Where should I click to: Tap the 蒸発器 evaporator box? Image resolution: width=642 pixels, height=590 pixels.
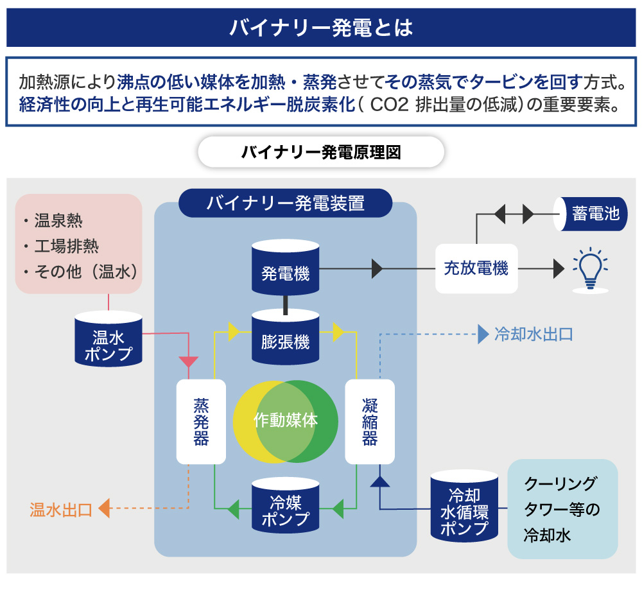(x=202, y=422)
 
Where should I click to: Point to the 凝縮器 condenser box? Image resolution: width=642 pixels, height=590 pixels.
(x=370, y=422)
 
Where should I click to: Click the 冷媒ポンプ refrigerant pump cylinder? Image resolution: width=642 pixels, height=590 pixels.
(x=286, y=505)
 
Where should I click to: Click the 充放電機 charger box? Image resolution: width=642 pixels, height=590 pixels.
(x=476, y=268)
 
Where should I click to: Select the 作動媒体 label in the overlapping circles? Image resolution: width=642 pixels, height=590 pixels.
(x=286, y=421)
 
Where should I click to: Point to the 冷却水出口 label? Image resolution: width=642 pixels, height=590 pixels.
(x=534, y=334)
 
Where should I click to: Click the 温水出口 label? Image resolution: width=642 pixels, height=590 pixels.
(x=61, y=510)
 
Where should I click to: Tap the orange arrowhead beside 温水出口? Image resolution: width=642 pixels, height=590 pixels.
(x=104, y=509)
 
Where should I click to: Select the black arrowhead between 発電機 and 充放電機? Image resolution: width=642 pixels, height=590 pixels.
(x=377, y=268)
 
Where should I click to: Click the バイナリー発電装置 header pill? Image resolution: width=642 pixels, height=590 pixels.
(x=286, y=203)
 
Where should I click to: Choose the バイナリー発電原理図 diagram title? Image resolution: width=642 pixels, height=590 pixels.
(x=321, y=153)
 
